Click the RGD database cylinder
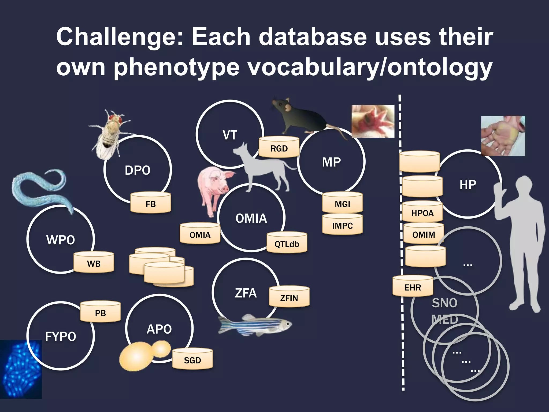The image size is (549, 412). (x=279, y=147)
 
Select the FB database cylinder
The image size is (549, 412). (x=151, y=203)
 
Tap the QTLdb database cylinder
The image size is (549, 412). (x=287, y=243)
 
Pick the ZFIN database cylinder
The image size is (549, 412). (x=289, y=297)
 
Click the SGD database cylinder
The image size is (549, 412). (x=192, y=359)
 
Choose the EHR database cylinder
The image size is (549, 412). (x=413, y=286)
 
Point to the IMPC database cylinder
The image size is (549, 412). (x=342, y=225)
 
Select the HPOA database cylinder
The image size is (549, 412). (x=422, y=212)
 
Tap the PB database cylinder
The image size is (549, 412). (x=100, y=312)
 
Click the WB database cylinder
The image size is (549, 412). (x=94, y=263)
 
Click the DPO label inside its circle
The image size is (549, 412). (x=138, y=170)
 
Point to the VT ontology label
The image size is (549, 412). (x=230, y=135)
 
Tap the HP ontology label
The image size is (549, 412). (x=468, y=185)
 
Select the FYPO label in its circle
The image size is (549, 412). (x=61, y=336)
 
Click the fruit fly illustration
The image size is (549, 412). (x=110, y=134)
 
